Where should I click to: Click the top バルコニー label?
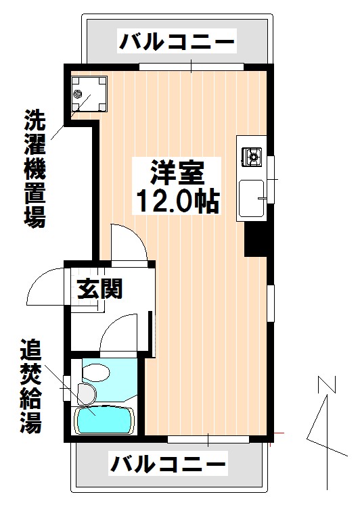(x=177, y=43)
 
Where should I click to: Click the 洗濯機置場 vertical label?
(x=35, y=168)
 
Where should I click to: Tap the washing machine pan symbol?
(x=89, y=92)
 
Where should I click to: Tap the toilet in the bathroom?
(x=94, y=371)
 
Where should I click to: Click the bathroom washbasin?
(x=86, y=392)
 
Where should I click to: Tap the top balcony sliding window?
(x=191, y=66)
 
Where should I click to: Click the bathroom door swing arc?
(x=122, y=335)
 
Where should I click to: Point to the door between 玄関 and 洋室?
(x=129, y=243)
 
